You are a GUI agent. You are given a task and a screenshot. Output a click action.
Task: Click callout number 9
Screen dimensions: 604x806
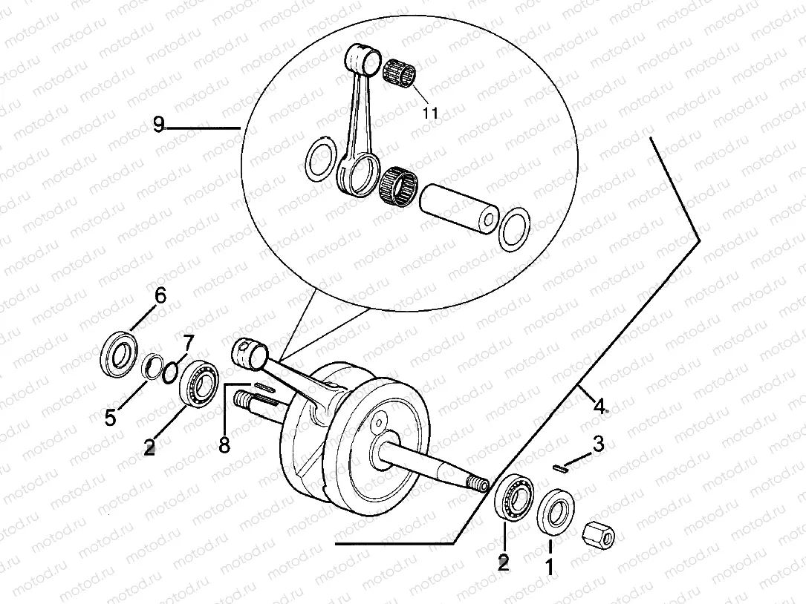click(158, 125)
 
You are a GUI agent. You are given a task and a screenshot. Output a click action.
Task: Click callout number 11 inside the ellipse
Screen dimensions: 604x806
click(430, 113)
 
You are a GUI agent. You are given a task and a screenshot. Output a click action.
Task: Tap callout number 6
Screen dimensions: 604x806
click(160, 296)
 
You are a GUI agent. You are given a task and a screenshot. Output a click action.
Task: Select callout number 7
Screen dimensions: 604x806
click(188, 343)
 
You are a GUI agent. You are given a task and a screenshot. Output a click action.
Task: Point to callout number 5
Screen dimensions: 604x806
click(110, 418)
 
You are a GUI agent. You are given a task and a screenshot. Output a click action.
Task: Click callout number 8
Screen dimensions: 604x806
click(224, 444)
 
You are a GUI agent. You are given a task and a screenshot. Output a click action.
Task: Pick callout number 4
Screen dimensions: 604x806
click(599, 405)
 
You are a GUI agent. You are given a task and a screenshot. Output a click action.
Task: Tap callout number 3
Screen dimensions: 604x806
click(599, 444)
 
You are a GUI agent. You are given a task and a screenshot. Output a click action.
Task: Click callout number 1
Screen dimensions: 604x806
click(550, 568)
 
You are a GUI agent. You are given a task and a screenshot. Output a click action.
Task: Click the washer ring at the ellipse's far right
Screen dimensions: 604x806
click(513, 229)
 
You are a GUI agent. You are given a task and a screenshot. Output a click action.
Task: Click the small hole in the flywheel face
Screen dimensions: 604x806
click(378, 424)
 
